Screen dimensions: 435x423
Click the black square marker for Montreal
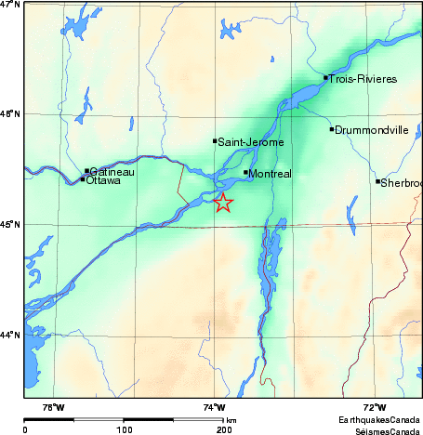[246, 172]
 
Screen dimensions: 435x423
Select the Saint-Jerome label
[250, 142]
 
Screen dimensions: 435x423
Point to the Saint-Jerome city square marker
[215, 141]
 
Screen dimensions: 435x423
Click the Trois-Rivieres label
[364, 79]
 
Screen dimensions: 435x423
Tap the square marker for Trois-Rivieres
[325, 77]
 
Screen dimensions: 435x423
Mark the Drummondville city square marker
[332, 129]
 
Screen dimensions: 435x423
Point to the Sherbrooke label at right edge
[402, 183]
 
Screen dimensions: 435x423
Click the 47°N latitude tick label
[10, 5]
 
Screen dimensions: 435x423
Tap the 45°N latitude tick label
[10, 224]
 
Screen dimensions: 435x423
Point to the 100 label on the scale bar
[124, 429]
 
